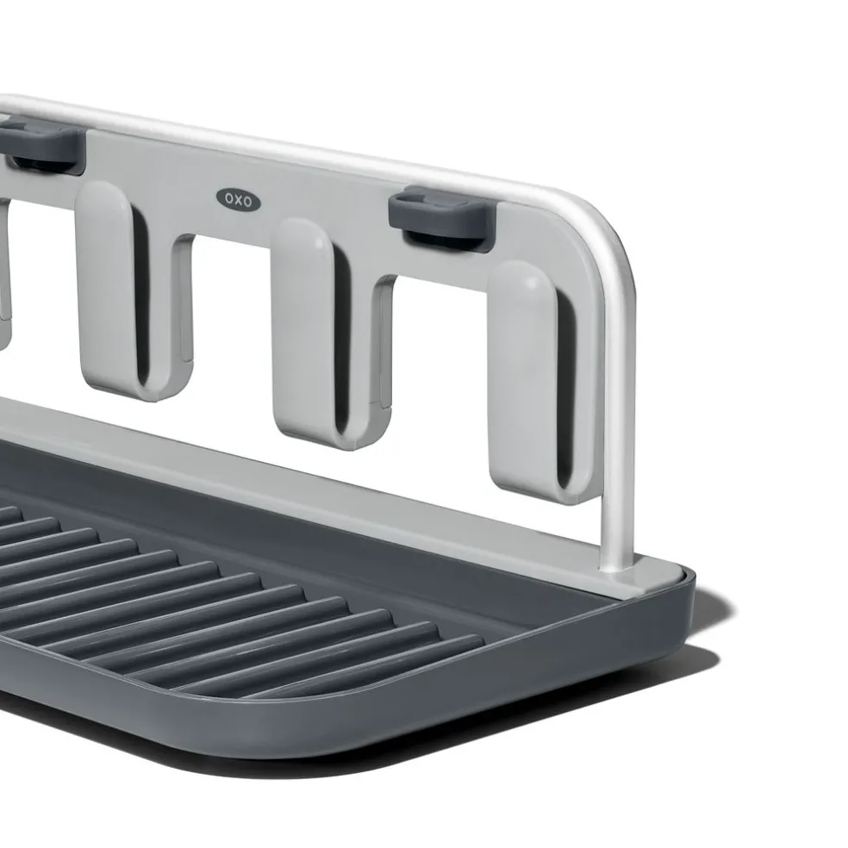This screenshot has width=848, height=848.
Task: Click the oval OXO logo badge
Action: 239,200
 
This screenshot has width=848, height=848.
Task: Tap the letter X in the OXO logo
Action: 239,200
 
